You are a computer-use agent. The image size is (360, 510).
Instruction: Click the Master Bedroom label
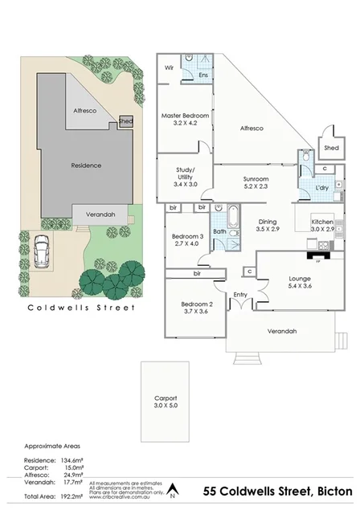pyautogui.click(x=185, y=116)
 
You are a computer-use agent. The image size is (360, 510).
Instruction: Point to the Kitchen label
pyautogui.click(x=322, y=221)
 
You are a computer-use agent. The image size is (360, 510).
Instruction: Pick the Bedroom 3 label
pyautogui.click(x=188, y=236)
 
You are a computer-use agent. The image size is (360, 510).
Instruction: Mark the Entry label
pyautogui.click(x=240, y=296)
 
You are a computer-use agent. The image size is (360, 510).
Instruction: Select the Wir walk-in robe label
pyautogui.click(x=170, y=68)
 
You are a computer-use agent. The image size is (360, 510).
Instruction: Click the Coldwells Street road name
pyautogui.click(x=81, y=307)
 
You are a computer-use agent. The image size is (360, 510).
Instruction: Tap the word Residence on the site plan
pyautogui.click(x=86, y=165)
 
